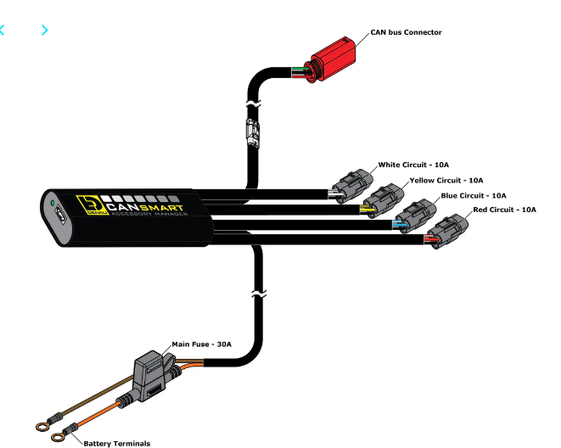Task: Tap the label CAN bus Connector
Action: (x=406, y=32)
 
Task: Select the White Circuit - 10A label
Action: (x=412, y=165)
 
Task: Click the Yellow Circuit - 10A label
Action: (x=446, y=180)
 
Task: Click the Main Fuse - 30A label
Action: (x=201, y=344)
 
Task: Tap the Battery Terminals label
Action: (x=117, y=442)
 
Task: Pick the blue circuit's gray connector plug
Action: (x=413, y=214)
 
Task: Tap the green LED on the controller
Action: (x=53, y=204)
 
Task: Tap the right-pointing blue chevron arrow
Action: (x=44, y=31)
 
